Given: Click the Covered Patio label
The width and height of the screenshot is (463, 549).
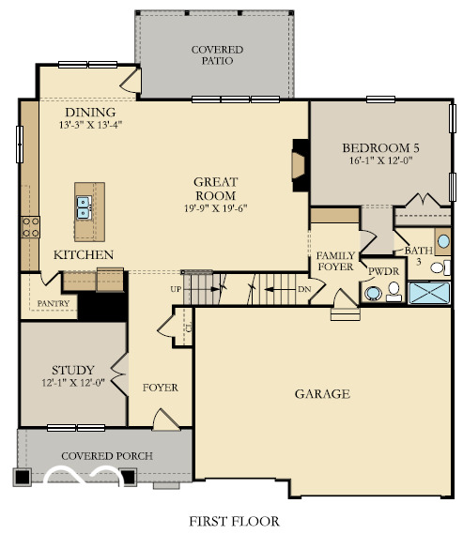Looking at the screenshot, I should pos(218,55).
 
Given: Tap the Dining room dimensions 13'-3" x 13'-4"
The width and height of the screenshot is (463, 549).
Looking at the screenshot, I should pos(90,123).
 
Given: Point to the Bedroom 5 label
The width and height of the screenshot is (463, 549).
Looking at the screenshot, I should pos(381,148).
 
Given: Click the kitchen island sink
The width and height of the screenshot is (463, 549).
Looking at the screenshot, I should pos(83,206).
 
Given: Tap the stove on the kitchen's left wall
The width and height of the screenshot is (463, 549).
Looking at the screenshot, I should pos(30,226).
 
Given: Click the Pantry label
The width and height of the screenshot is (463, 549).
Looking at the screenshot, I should pos(53,304).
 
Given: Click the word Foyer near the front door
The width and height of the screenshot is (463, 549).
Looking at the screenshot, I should pos(160,387).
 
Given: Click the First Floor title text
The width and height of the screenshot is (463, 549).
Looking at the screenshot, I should pos(231,521).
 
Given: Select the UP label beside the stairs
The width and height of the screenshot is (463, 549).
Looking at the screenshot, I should pos(176,289).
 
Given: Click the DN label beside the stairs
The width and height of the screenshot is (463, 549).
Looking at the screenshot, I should pos(303,289).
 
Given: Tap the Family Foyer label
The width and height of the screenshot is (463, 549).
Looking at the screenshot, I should pos(334,261).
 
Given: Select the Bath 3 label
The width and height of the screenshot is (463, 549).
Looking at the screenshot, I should pos(417,255).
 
